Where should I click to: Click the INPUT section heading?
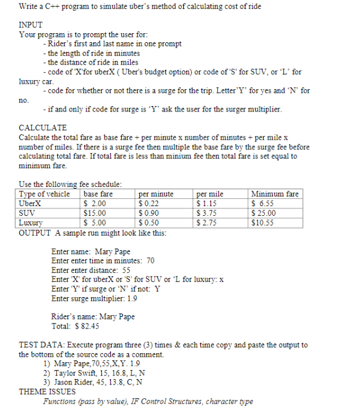pyautogui.click(x=31, y=25)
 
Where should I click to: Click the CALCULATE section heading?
pyautogui.click(x=43, y=128)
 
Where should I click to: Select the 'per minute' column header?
pyautogui.click(x=156, y=194)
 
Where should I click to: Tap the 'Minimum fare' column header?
pyautogui.click(x=274, y=194)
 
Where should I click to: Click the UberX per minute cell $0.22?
pyautogui.click(x=150, y=203)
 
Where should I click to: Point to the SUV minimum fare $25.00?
pyautogui.click(x=264, y=213)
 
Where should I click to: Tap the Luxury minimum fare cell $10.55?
pyautogui.click(x=263, y=222)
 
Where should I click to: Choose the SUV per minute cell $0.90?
pyautogui.click(x=150, y=213)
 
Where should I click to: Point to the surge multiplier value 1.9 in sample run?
pyautogui.click(x=131, y=298)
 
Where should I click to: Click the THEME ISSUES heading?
pyautogui.click(x=47, y=391)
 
